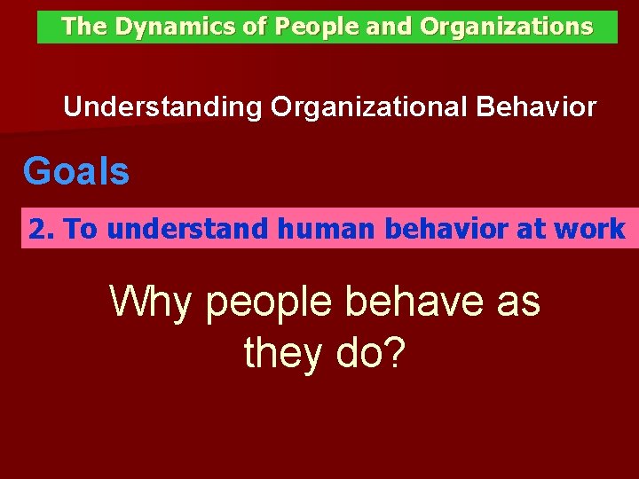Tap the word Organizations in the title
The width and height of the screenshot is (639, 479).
pos(507,27)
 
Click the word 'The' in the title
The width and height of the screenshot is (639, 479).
pos(84,27)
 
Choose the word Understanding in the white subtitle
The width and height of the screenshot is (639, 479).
pos(163,108)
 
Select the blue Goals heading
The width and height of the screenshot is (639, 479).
pos(76,170)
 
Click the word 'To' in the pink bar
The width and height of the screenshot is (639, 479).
pos(81,229)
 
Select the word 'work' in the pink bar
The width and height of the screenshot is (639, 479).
pos(589,229)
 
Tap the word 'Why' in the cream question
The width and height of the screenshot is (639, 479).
pos(149,303)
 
